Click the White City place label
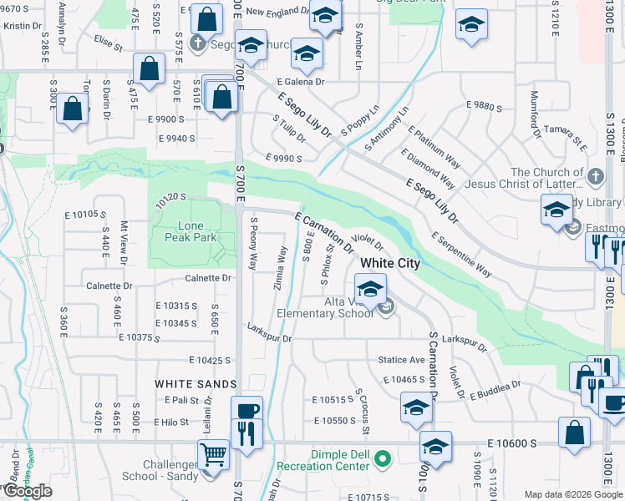pyautogui.click(x=390, y=263)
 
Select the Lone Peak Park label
pyautogui.click(x=197, y=231)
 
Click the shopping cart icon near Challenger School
pyautogui.click(x=214, y=456)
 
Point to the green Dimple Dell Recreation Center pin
pyautogui.click(x=383, y=458)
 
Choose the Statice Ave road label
pyautogui.click(x=402, y=360)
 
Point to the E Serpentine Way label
pyautogui.click(x=461, y=254)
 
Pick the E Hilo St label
pyautogui.click(x=171, y=422)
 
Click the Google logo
pyautogui.click(x=28, y=491)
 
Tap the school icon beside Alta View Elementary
pyautogui.click(x=369, y=291)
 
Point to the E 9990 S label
pyautogui.click(x=283, y=158)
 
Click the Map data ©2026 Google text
pyautogui.click(x=572, y=494)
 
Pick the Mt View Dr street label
pyautogui.click(x=124, y=237)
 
